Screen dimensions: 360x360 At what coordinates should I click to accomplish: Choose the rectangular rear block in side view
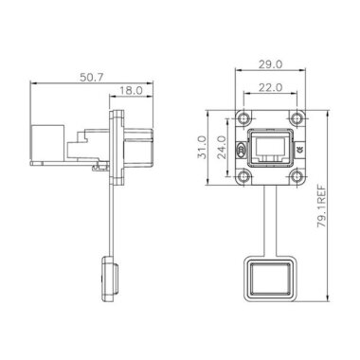[x=45, y=146]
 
